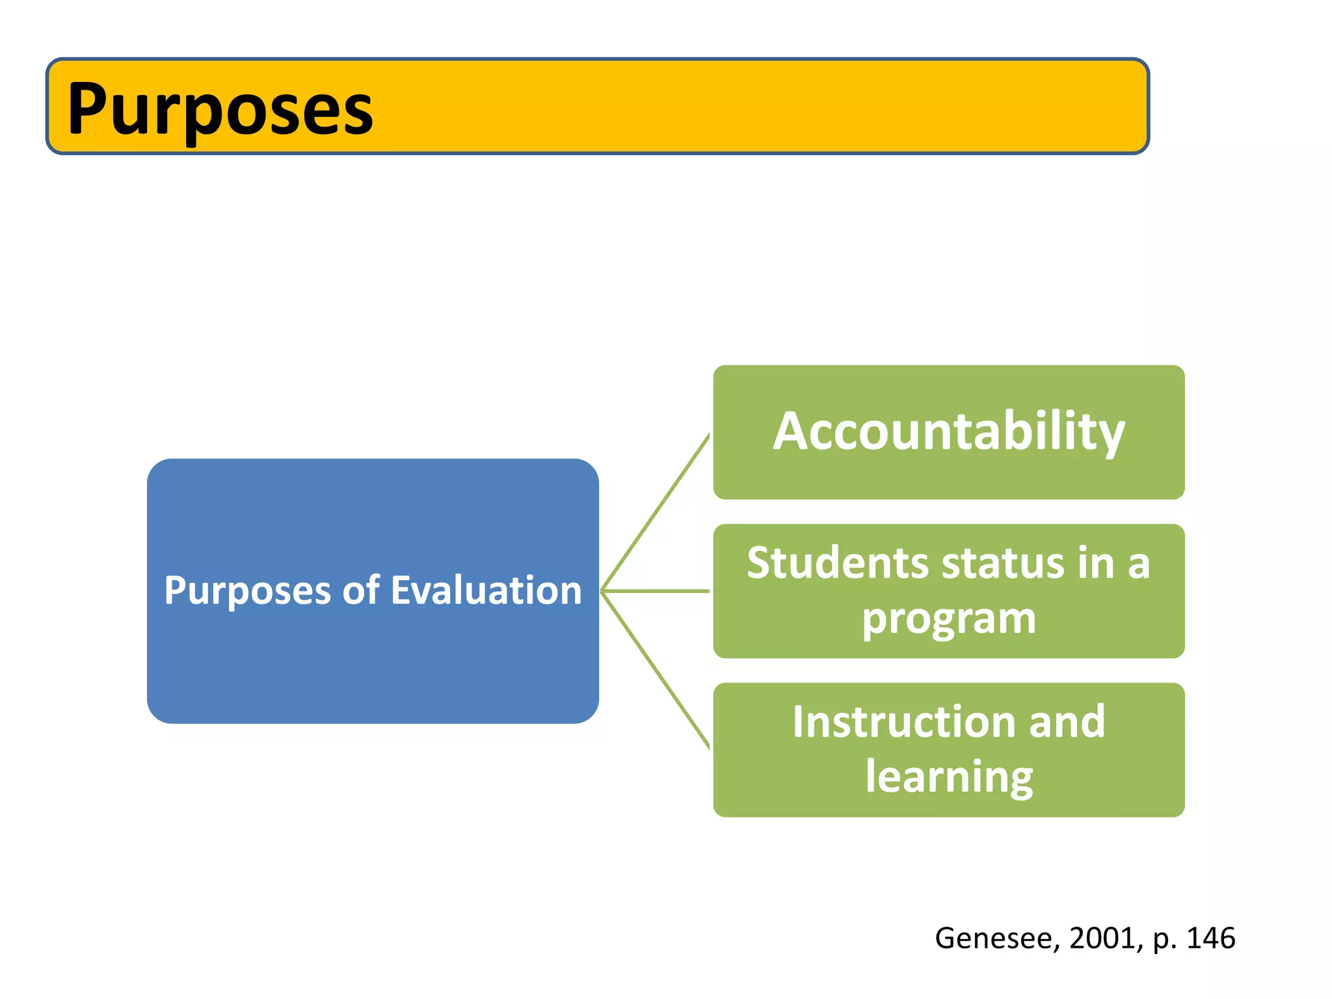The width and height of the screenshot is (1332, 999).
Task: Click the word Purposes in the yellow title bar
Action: click(x=220, y=109)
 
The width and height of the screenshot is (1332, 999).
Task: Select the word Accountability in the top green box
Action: click(x=949, y=431)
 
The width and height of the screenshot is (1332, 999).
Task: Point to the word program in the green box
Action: click(x=949, y=619)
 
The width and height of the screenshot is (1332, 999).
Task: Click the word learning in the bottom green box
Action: click(x=949, y=777)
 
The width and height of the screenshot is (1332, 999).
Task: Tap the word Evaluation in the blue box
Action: click(x=486, y=591)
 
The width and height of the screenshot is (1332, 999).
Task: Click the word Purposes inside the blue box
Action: click(x=248, y=591)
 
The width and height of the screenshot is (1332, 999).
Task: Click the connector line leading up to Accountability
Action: click(x=656, y=512)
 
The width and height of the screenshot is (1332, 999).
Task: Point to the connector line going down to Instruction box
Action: click(x=656, y=670)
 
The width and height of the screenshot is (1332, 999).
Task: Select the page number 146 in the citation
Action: click(x=1210, y=939)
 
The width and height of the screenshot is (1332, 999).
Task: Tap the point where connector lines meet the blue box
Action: click(x=602, y=591)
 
